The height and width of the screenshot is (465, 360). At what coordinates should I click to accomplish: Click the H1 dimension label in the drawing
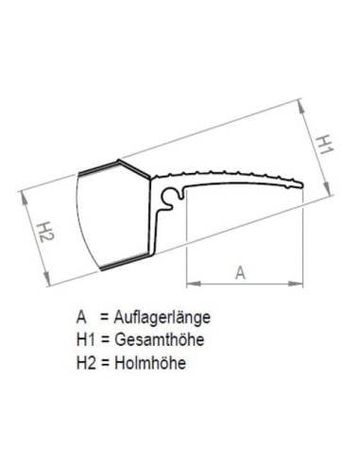pyautogui.click(x=324, y=145)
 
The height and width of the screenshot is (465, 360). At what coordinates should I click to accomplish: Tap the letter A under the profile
pyautogui.click(x=241, y=271)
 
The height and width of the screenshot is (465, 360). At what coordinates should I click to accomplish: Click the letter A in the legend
pyautogui.click(x=82, y=319)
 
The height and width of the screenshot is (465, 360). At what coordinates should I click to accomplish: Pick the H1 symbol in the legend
pyautogui.click(x=85, y=339)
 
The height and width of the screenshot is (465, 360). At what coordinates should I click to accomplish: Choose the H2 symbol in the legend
pyautogui.click(x=85, y=360)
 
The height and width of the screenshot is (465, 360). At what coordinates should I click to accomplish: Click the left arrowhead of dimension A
pyautogui.click(x=191, y=282)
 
